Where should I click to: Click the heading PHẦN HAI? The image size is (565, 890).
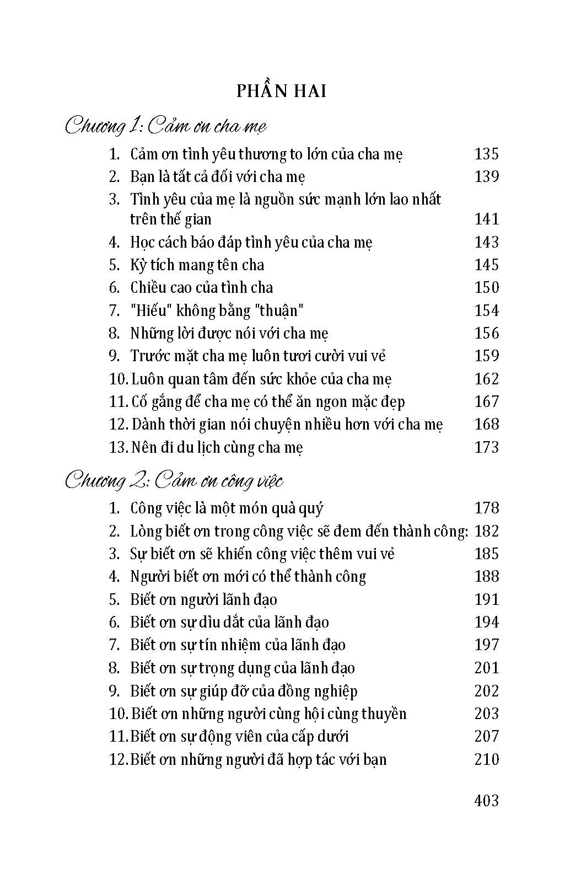click(282, 91)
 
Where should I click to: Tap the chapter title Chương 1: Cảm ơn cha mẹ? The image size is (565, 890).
click(165, 126)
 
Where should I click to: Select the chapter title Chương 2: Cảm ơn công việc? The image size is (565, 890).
click(174, 481)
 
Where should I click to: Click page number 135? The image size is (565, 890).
click(486, 154)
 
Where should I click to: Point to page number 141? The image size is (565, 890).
click(486, 219)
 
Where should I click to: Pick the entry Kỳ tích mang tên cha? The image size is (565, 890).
click(197, 265)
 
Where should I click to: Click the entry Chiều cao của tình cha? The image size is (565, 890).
click(201, 288)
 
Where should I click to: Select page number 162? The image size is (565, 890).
click(486, 379)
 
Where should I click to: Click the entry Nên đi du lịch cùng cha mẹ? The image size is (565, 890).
click(217, 447)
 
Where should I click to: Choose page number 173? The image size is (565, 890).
click(486, 447)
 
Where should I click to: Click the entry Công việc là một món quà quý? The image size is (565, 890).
click(227, 508)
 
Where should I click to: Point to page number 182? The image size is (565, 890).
click(486, 531)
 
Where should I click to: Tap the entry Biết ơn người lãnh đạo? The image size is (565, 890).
click(203, 599)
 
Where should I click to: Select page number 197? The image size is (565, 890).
click(486, 645)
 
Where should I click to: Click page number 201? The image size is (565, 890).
click(486, 668)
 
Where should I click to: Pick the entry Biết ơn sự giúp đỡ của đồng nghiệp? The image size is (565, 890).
click(244, 691)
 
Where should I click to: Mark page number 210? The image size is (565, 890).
click(486, 759)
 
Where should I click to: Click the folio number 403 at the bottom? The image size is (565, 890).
click(486, 800)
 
